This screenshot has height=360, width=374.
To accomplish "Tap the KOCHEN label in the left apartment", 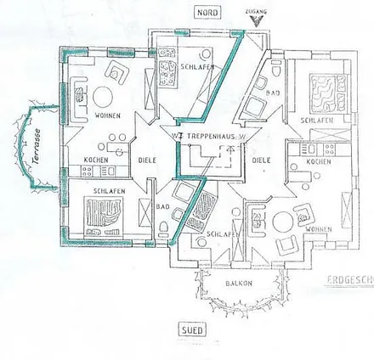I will point(97,160).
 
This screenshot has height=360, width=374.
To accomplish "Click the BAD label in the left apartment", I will point(163,205).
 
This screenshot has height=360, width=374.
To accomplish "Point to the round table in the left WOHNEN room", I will point(108,95).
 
